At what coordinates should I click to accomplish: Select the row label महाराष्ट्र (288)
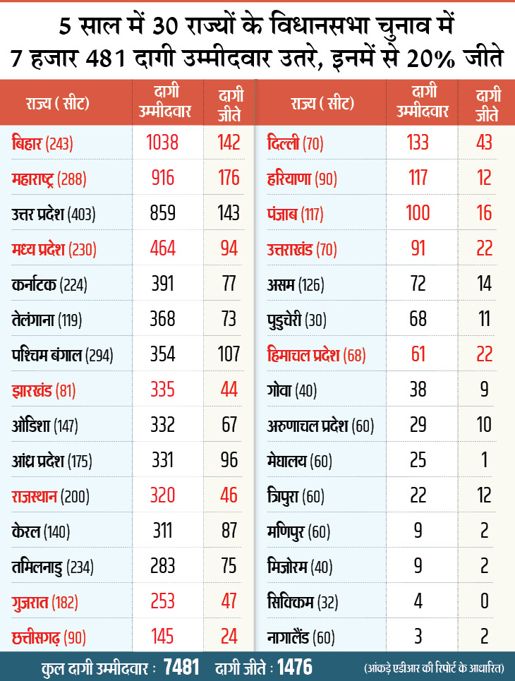49,179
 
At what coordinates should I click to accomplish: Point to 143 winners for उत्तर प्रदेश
229,213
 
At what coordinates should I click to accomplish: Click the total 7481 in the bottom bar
181,666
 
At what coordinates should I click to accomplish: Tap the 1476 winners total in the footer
295,666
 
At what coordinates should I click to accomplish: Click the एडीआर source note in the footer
438,667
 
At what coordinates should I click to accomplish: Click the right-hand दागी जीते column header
484,103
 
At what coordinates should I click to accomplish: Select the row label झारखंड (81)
44,390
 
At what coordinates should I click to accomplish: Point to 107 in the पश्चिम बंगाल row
229,354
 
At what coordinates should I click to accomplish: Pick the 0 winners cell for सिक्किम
484,602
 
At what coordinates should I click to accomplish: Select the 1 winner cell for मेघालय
484,461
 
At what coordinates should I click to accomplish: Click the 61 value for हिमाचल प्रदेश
418,354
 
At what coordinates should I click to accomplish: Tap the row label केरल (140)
43,531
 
